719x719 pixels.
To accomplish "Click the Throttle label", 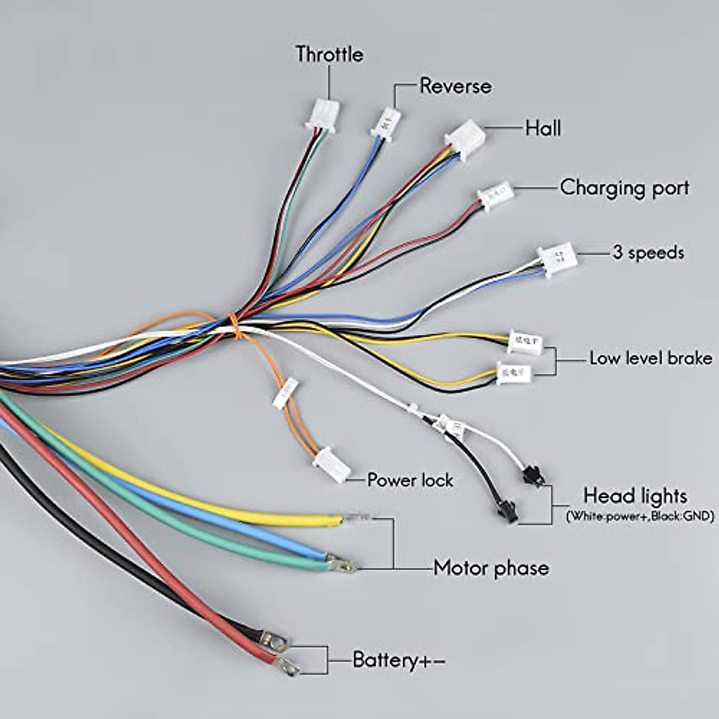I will [329, 55].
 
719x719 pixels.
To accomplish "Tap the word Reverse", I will [455, 86].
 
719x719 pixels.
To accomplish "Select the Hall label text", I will [543, 128].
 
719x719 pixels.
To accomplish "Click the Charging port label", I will [624, 188].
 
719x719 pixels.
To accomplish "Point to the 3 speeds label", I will [648, 252].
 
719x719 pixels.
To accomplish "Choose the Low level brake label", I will [651, 358].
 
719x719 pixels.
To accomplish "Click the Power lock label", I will [410, 480].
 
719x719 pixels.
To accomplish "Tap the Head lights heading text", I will [635, 496].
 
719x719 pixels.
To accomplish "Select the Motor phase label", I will [491, 567].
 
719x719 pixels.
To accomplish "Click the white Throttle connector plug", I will [323, 114].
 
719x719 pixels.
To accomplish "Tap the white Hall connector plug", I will [466, 139].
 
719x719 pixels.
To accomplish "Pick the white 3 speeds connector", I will [558, 259].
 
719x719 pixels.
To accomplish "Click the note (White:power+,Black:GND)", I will [640, 516].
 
